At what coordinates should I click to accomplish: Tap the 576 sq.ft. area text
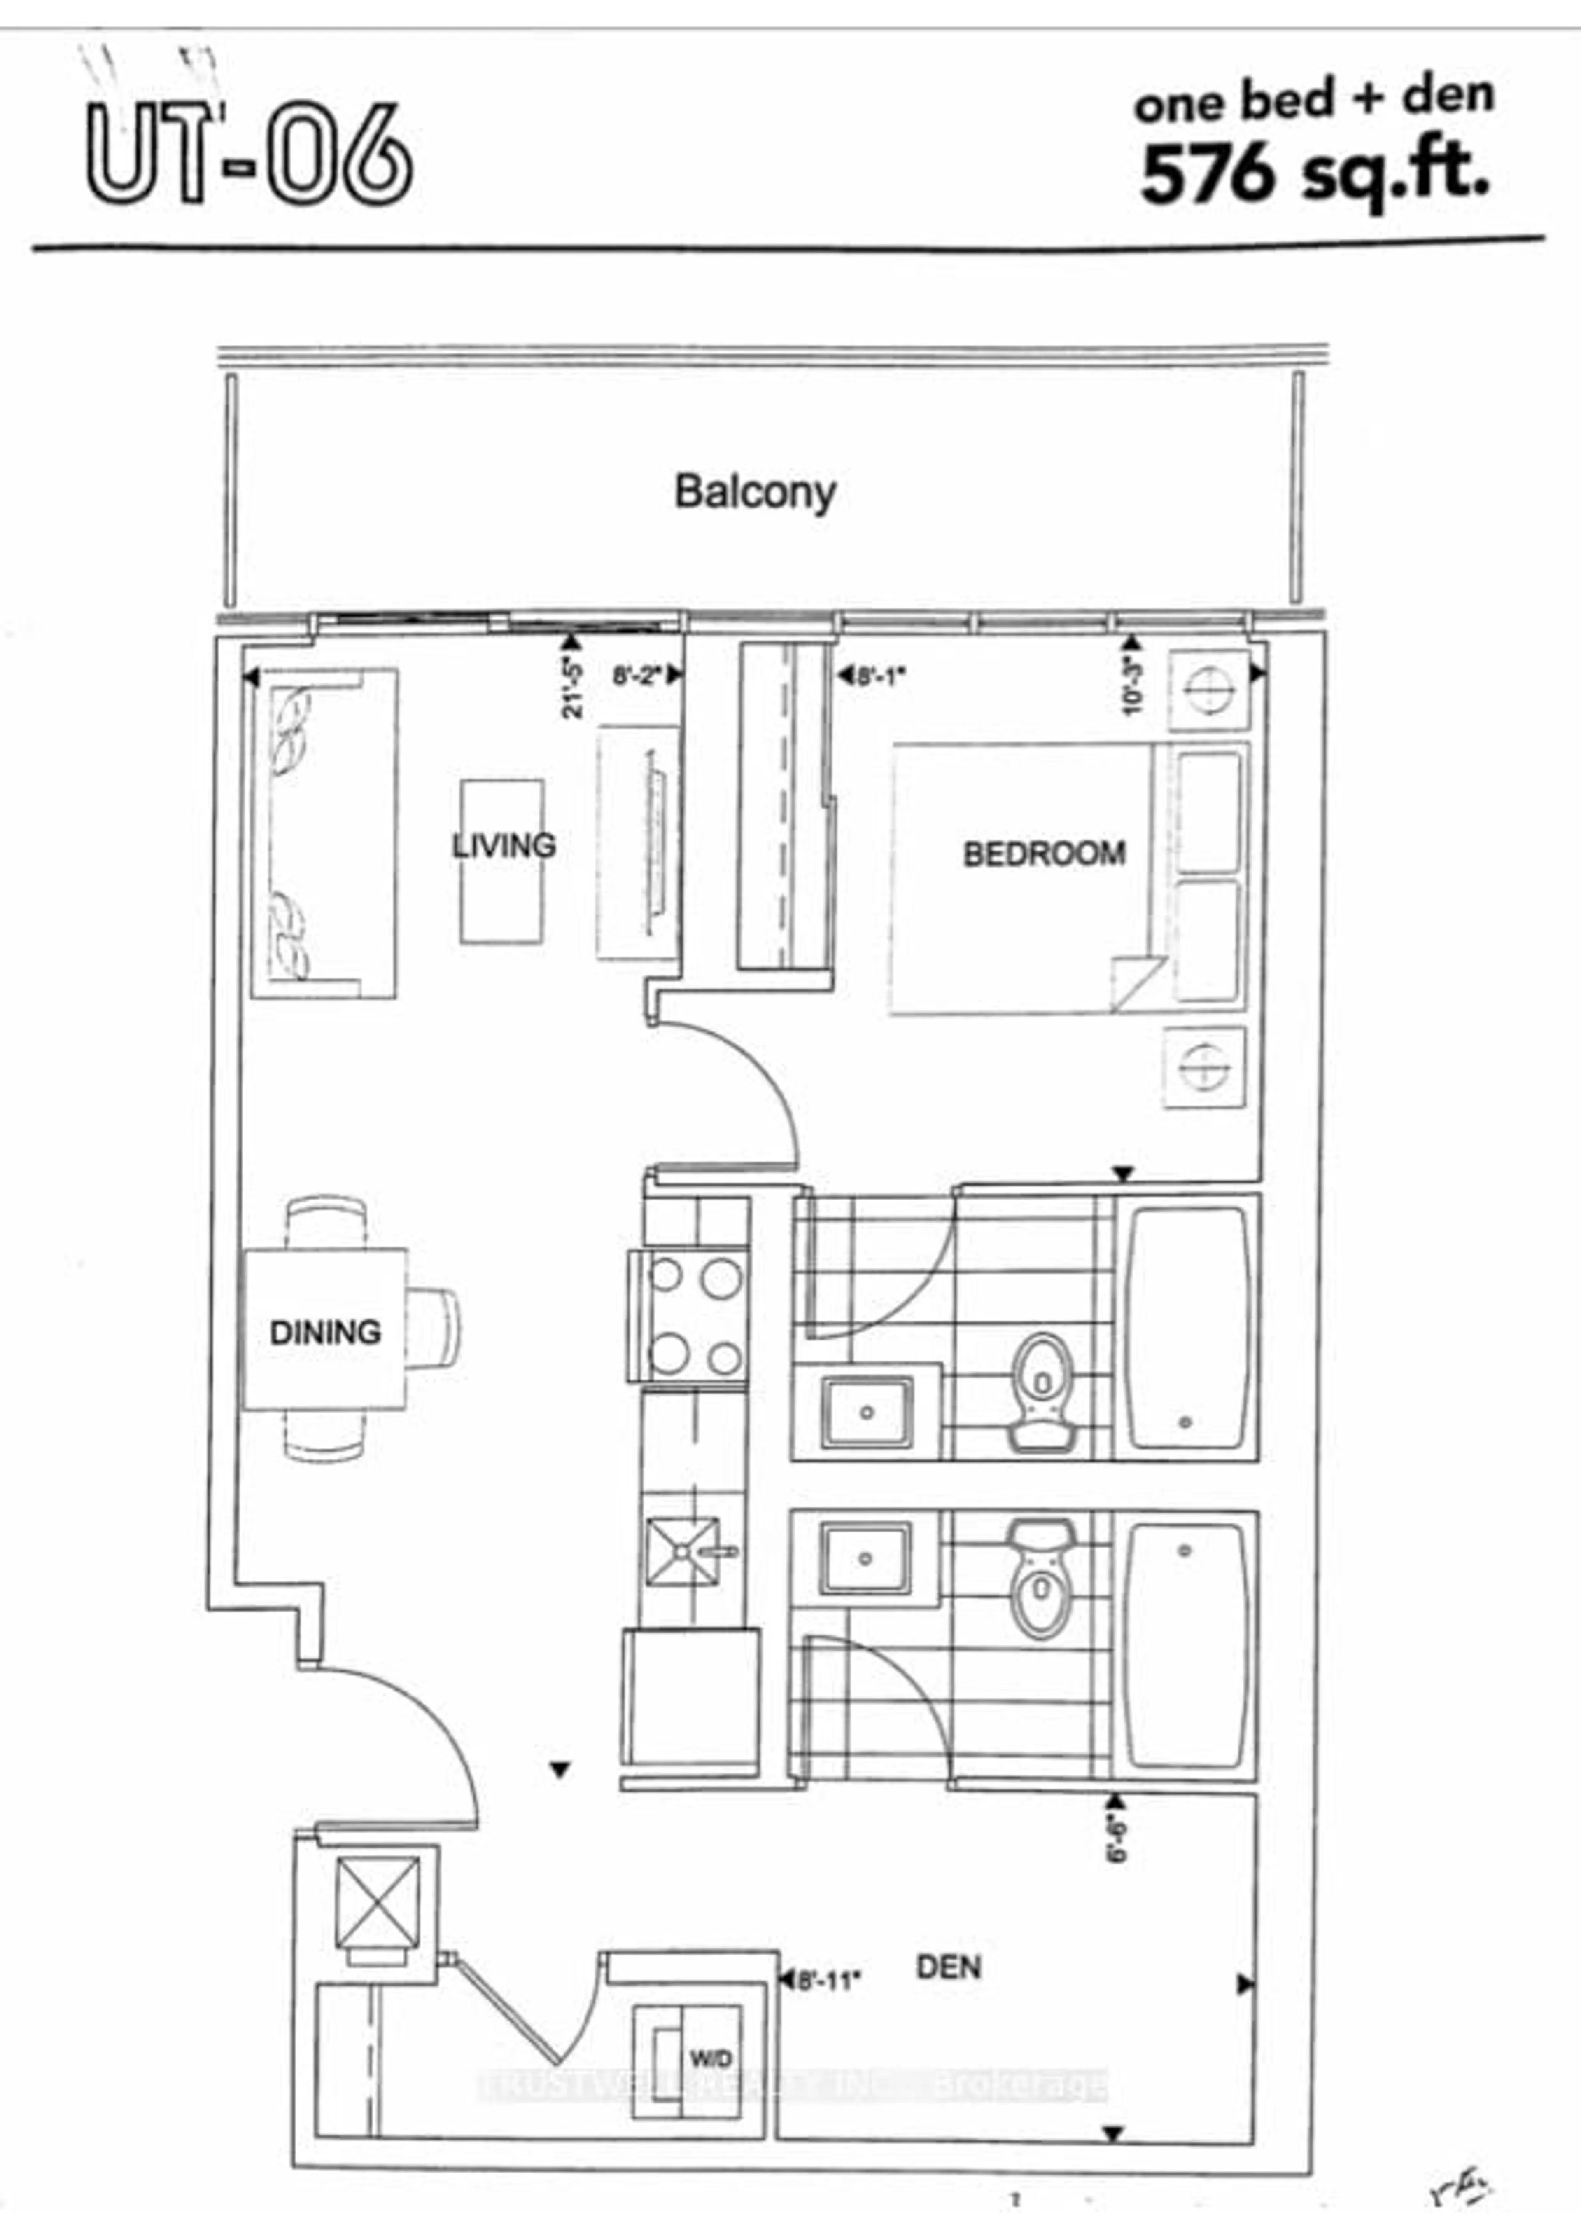[1314, 175]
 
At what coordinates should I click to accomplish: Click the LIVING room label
[503, 845]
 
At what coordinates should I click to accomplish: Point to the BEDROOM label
[1044, 854]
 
